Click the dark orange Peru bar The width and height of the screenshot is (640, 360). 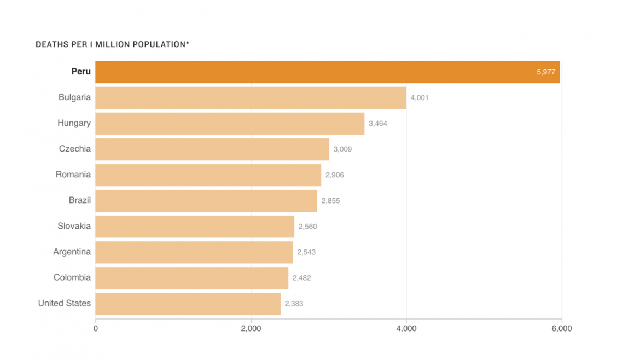pos(327,72)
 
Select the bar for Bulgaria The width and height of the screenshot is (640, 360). pos(251,98)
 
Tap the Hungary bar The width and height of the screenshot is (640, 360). pos(230,124)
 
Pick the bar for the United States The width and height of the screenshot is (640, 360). pos(188,304)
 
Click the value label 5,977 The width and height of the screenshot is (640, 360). pos(545,72)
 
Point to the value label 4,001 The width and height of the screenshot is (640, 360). pos(420,98)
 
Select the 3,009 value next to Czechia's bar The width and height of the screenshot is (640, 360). pos(342,149)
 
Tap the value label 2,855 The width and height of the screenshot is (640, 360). pos(330,201)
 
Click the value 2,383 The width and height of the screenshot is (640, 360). pos(294,304)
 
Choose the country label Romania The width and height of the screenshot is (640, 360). pos(73,175)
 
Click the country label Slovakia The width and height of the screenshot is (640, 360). pos(74,226)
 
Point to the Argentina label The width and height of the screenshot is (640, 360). pos(72,252)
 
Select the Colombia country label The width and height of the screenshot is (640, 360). pos(72,277)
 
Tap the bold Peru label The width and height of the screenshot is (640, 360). pos(81,72)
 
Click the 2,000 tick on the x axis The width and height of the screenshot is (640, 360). pos(251,329)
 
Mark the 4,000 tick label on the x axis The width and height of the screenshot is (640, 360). pos(406,329)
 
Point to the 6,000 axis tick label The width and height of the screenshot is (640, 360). pos(561,329)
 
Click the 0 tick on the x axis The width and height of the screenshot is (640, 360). pos(96,329)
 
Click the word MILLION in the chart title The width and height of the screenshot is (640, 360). pos(114,44)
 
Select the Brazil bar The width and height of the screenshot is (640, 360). pos(206,201)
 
